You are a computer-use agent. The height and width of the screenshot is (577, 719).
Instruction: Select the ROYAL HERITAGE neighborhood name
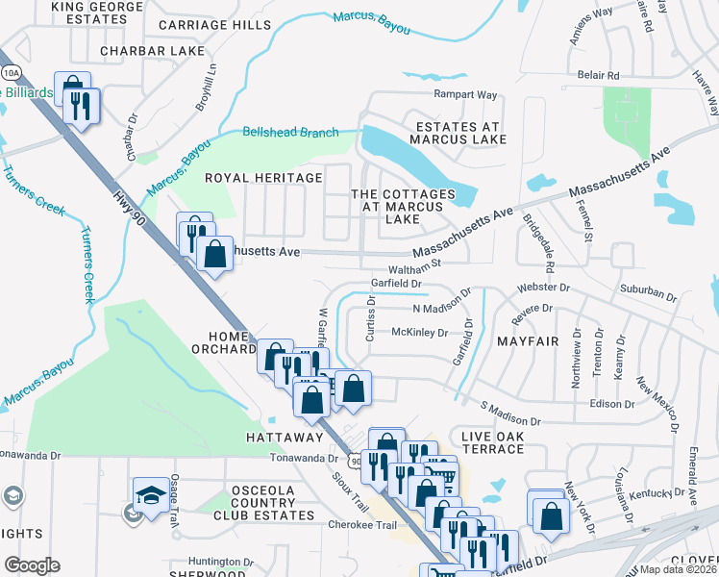click(263, 178)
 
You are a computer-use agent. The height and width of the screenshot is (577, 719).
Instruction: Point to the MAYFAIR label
click(528, 341)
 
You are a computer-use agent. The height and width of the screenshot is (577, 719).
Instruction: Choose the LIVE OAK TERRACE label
click(493, 443)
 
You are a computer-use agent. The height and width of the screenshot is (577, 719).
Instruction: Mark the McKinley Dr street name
click(420, 333)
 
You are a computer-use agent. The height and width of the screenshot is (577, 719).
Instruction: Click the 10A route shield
click(11, 73)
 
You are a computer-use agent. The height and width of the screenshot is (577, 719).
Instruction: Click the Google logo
click(32, 565)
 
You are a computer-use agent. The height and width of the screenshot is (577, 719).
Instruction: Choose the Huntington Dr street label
click(220, 563)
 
